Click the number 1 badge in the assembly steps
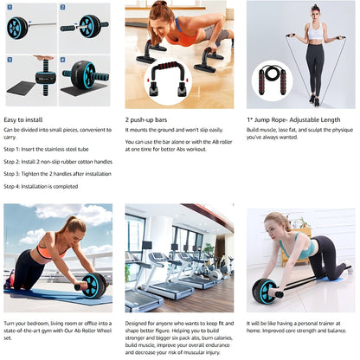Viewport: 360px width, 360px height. (9, 7)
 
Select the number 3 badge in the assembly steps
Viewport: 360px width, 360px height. (9, 59)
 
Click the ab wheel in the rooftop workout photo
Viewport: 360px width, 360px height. (93, 286)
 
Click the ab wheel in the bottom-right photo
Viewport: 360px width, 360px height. (265, 292)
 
